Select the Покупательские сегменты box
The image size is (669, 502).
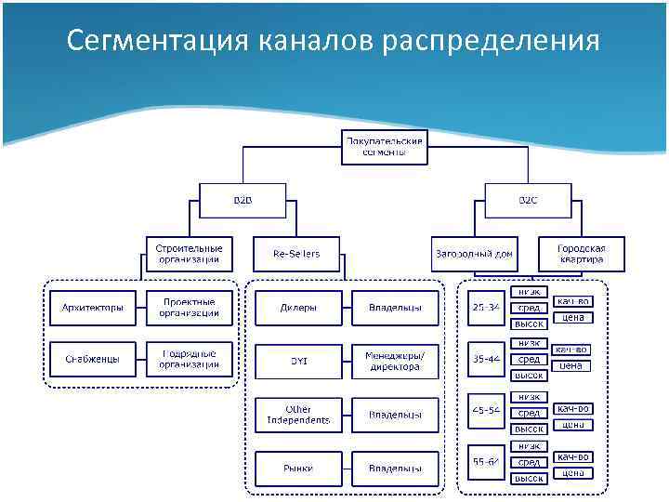[384, 146]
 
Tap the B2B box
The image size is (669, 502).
[243, 200]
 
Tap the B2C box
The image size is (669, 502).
[527, 200]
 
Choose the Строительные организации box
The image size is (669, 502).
[190, 254]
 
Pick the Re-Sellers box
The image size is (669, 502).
[296, 254]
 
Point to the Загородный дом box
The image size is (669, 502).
[474, 254]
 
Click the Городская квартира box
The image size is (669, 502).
[581, 254]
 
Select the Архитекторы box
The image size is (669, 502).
[92, 308]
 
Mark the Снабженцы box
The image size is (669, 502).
[92, 360]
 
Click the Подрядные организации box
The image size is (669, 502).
[190, 360]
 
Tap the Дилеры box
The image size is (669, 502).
[297, 308]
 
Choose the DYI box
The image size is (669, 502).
[297, 360]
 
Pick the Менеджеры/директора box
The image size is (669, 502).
[394, 360]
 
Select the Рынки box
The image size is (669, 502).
[297, 468]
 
